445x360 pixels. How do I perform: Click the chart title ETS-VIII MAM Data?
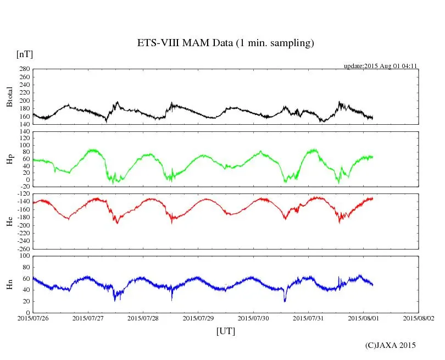[x=225, y=43]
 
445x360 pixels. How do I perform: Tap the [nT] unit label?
[x=24, y=54]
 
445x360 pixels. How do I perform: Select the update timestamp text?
[x=381, y=66]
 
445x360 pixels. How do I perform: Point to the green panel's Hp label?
[x=9, y=159]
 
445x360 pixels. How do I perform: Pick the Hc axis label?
[x=9, y=221]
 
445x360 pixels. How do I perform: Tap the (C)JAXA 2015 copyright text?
[x=391, y=345]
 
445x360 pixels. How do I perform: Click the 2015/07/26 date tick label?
[x=33, y=318]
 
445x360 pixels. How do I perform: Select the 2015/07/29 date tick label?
[x=198, y=318]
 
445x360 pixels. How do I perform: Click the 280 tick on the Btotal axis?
[x=24, y=69]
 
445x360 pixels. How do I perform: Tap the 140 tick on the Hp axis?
[x=24, y=132]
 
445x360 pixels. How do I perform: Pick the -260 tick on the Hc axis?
[x=23, y=248]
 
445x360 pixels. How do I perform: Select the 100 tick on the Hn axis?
[x=24, y=256]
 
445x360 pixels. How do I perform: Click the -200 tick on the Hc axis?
[x=23, y=225]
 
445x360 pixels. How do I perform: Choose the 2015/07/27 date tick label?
[x=88, y=318]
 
